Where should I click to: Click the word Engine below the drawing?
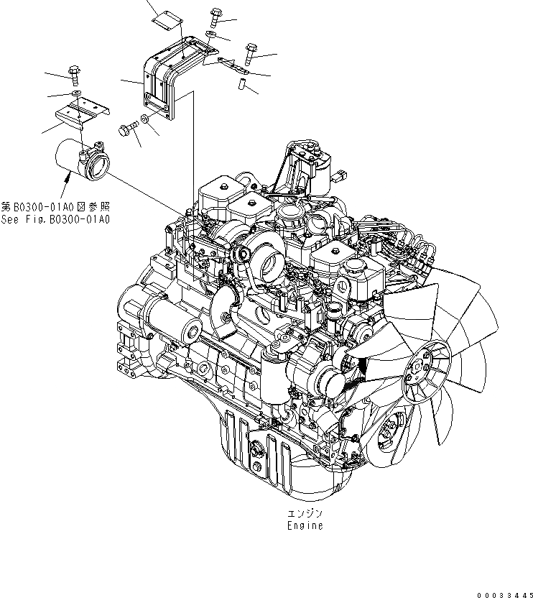pos(305,525)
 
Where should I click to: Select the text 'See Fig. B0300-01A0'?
pos(55,219)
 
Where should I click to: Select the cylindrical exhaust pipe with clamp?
pos(80,162)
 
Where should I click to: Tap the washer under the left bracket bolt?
pos(76,93)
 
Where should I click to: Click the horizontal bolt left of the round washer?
pos(127,129)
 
